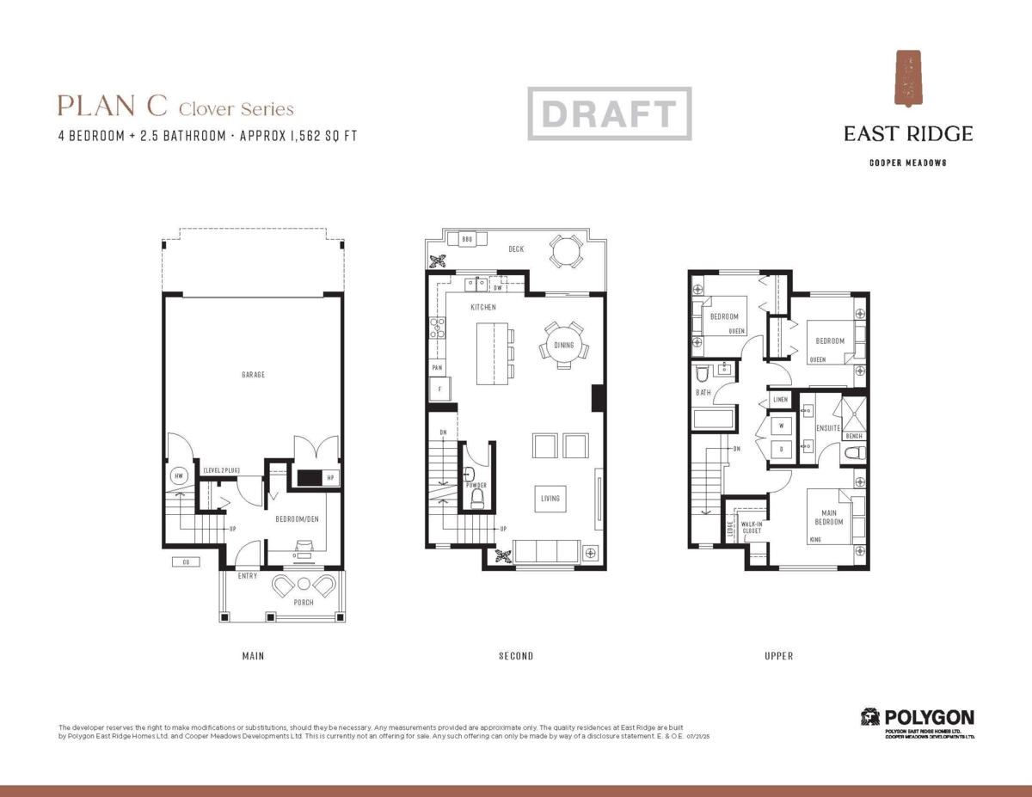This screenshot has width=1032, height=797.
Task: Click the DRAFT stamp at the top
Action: (609, 113)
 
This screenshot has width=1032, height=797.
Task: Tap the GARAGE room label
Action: (253, 375)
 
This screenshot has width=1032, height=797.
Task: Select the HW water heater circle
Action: (179, 475)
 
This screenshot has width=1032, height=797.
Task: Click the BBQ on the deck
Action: (467, 239)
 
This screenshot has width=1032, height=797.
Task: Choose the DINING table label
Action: (563, 346)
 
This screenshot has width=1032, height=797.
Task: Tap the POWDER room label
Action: (476, 486)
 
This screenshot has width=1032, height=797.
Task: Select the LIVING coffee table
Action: (550, 499)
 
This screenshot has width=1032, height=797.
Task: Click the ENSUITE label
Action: (828, 427)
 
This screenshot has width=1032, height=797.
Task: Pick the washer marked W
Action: (782, 426)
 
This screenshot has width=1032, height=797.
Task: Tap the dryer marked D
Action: (782, 449)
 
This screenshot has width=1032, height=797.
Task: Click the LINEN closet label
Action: (780, 400)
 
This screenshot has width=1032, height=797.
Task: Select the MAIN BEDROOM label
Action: (829, 518)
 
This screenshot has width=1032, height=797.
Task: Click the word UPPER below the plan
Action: (778, 656)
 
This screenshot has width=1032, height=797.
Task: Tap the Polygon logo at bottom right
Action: (918, 718)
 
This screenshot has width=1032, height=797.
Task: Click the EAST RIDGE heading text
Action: (907, 133)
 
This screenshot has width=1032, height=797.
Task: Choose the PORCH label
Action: (304, 603)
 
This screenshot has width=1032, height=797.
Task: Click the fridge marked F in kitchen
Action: (440, 389)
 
